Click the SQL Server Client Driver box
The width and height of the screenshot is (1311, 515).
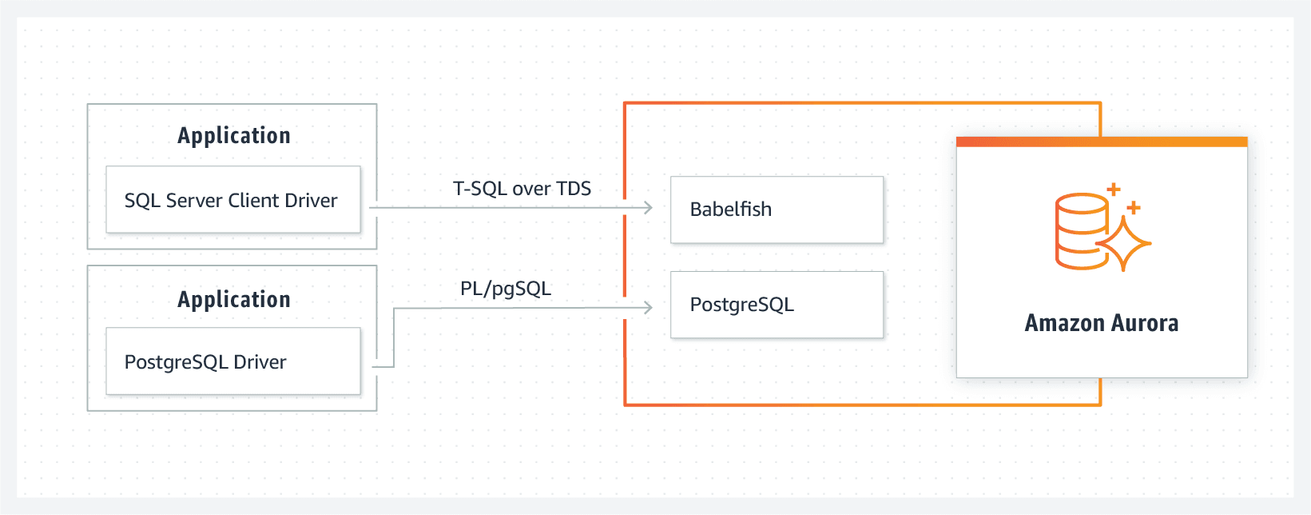click(x=232, y=200)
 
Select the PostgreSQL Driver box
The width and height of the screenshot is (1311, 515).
click(x=232, y=361)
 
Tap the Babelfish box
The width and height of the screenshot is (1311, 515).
click(x=777, y=210)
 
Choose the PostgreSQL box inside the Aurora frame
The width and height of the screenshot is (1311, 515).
click(x=777, y=305)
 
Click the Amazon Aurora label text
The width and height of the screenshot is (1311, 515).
click(x=1101, y=323)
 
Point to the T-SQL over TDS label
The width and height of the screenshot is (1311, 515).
click(x=522, y=189)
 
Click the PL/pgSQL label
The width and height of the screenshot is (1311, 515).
click(x=505, y=289)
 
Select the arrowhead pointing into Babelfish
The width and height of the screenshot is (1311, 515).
click(x=649, y=208)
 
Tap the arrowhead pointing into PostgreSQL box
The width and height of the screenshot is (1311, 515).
click(x=649, y=307)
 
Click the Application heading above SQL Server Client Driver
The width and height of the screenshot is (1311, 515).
click(x=233, y=136)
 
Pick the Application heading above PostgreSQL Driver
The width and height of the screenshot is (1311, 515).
click(x=233, y=300)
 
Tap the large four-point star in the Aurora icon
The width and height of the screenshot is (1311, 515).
click(x=1124, y=243)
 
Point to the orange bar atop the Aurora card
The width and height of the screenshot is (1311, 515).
click(x=1101, y=142)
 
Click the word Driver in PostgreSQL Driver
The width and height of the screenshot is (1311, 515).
click(x=260, y=362)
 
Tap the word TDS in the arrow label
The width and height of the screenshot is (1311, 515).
click(x=574, y=189)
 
